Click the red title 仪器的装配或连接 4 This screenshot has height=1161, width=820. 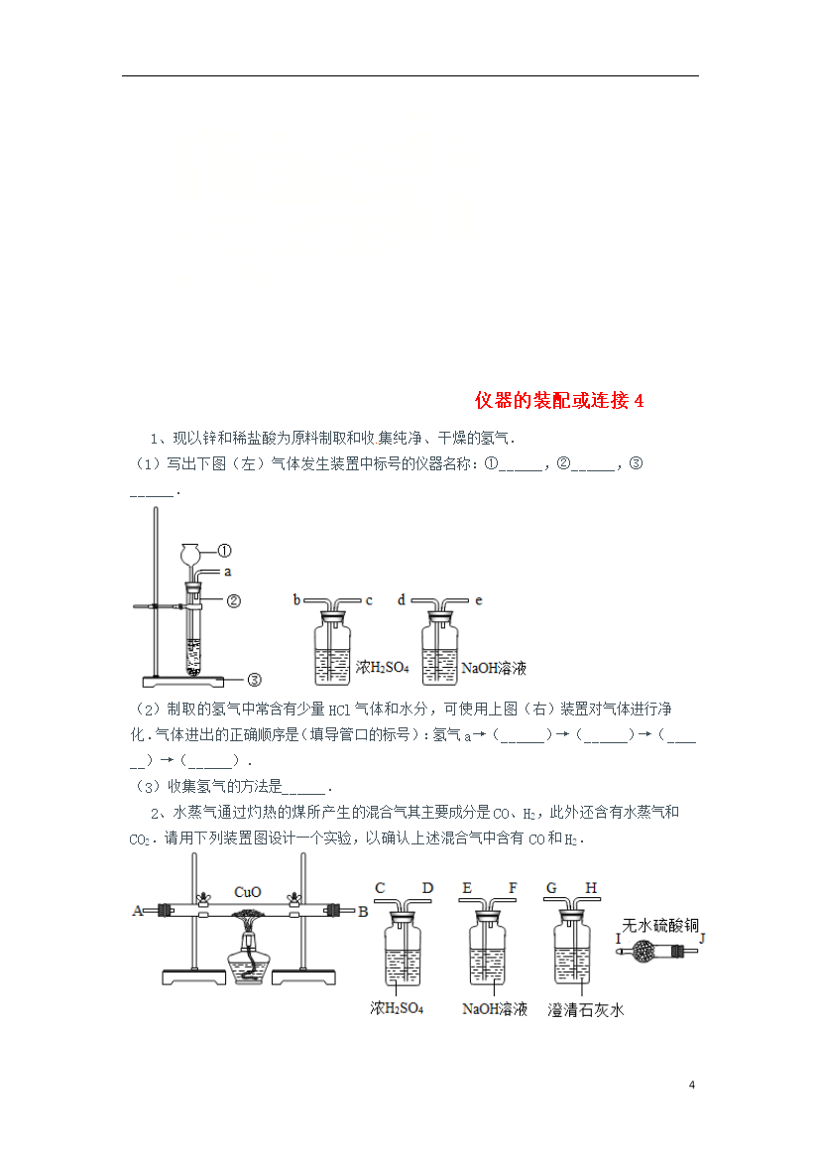[x=559, y=401]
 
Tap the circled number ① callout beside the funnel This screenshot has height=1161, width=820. [x=224, y=551]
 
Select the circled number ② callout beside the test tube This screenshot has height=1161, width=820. [x=234, y=601]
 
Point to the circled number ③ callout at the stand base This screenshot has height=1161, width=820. [x=254, y=679]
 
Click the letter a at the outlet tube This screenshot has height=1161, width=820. [x=228, y=572]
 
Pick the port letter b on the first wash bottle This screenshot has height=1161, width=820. [x=296, y=599]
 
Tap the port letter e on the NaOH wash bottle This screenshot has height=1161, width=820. [x=479, y=600]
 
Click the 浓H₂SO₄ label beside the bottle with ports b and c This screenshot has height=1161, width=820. [x=382, y=667]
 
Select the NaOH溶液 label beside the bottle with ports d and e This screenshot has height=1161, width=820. [x=494, y=668]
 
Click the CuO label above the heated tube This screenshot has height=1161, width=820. [x=247, y=891]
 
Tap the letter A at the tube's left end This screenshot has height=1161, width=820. [x=137, y=911]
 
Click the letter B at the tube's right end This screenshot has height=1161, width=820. [x=363, y=912]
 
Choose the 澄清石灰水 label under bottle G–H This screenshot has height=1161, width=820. [x=585, y=1010]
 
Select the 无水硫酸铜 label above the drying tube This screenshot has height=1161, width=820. [x=660, y=925]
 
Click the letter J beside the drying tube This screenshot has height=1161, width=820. [x=702, y=939]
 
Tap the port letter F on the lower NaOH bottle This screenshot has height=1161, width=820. [x=513, y=888]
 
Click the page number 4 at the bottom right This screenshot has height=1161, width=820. [x=692, y=1085]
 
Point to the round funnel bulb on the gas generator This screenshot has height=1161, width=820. [x=191, y=553]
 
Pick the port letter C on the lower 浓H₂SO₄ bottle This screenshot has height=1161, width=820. [x=381, y=888]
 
